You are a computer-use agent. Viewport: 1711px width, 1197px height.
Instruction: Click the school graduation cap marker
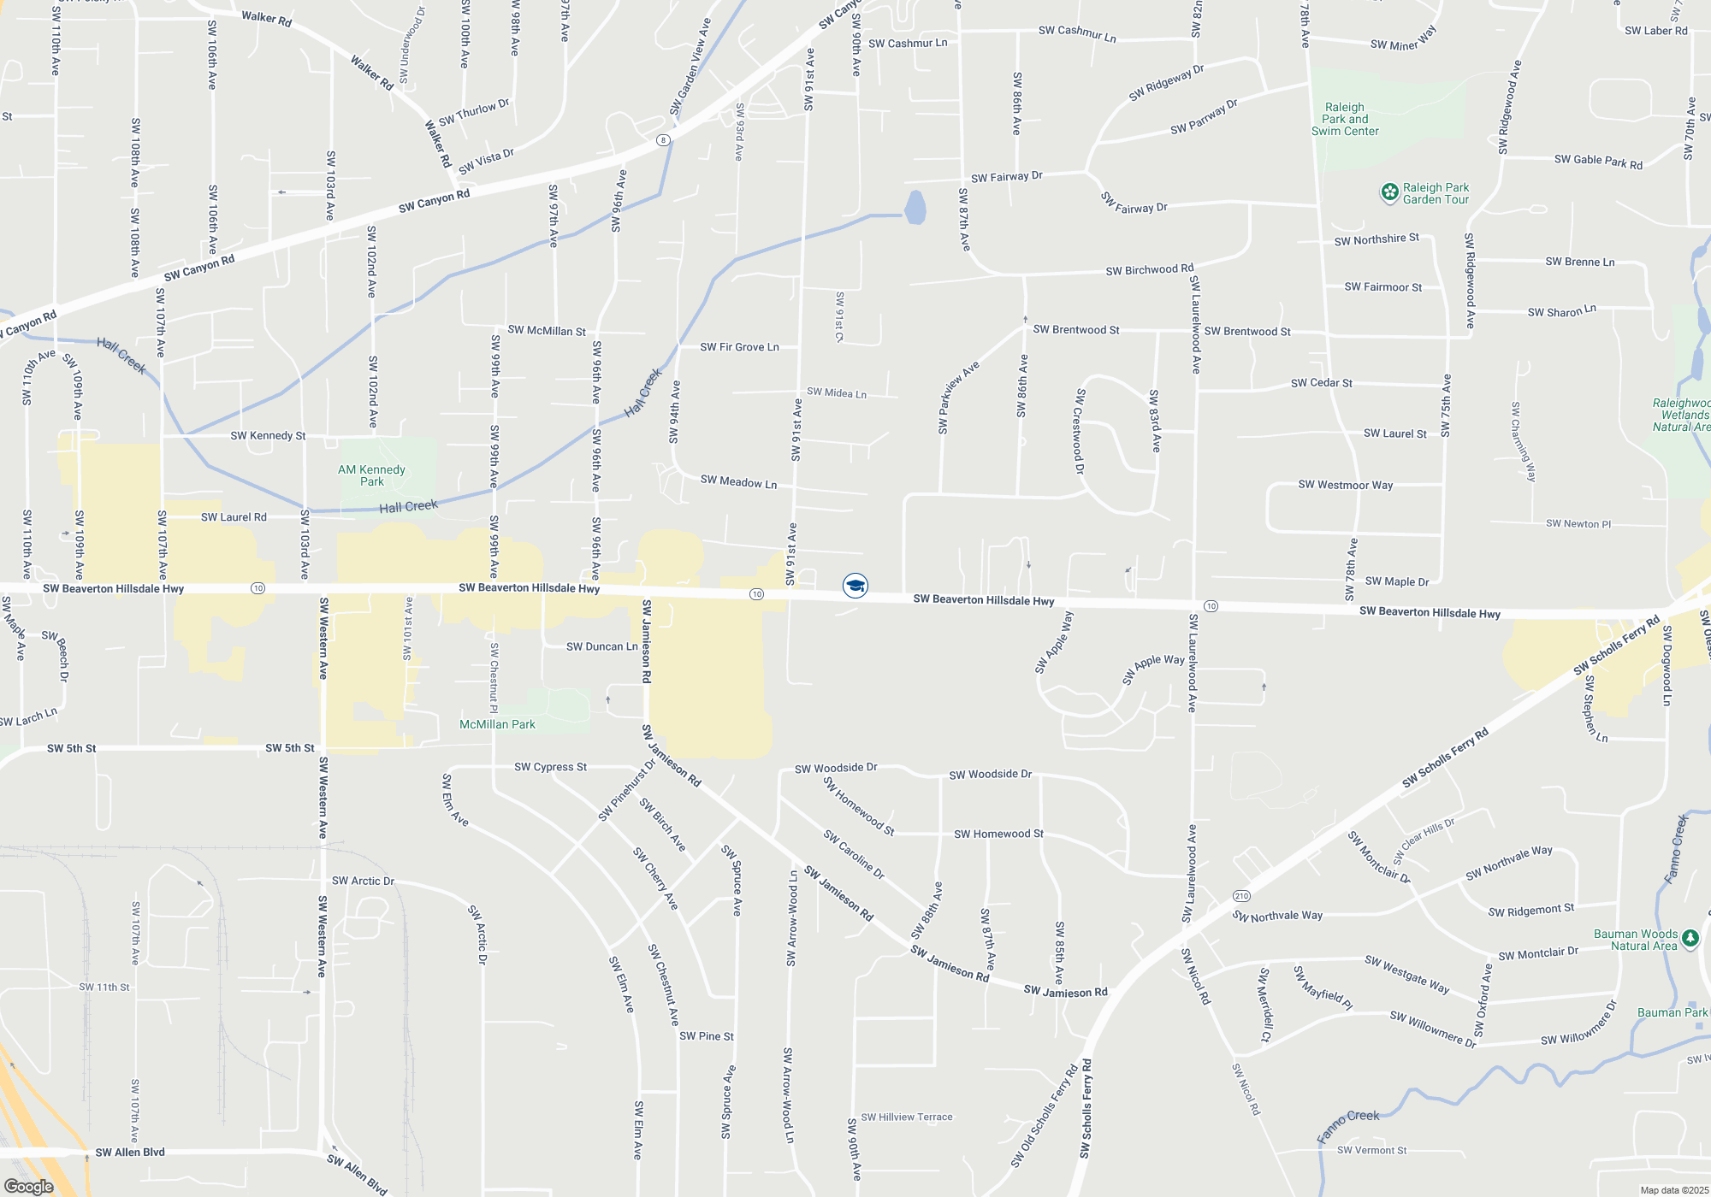[855, 586]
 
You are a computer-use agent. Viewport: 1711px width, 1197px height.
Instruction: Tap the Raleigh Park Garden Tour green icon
[1390, 193]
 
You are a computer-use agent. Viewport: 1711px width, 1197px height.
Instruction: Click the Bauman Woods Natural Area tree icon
[1690, 939]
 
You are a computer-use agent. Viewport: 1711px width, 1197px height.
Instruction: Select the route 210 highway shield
[1241, 896]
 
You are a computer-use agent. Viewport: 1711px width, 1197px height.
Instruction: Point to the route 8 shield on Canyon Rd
[663, 139]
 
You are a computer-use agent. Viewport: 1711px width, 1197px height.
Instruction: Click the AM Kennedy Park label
[371, 475]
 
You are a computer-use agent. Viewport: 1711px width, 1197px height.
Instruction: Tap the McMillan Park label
[497, 724]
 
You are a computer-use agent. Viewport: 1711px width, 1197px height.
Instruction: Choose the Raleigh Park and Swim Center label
[1345, 119]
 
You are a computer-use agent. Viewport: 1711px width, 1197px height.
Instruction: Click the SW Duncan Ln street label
[601, 646]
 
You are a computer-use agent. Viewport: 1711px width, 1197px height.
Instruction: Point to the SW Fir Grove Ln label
[739, 347]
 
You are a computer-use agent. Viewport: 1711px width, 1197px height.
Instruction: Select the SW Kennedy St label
[268, 436]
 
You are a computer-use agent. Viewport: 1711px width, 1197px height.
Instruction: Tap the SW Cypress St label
[550, 767]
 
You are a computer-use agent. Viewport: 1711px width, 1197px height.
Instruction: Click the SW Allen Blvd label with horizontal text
[130, 1152]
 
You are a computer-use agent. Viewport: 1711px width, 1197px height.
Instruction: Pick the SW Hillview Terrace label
[906, 1117]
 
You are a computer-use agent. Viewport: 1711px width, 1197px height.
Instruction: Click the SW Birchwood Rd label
[1149, 270]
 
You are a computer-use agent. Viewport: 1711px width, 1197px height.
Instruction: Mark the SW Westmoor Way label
[1345, 485]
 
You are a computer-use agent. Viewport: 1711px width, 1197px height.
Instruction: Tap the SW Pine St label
[707, 1036]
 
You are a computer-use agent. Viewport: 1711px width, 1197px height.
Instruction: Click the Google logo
[29, 1187]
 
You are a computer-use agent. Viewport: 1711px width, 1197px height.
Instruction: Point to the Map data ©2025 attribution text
[1674, 1190]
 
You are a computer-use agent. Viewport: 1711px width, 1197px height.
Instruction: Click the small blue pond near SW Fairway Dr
[915, 207]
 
